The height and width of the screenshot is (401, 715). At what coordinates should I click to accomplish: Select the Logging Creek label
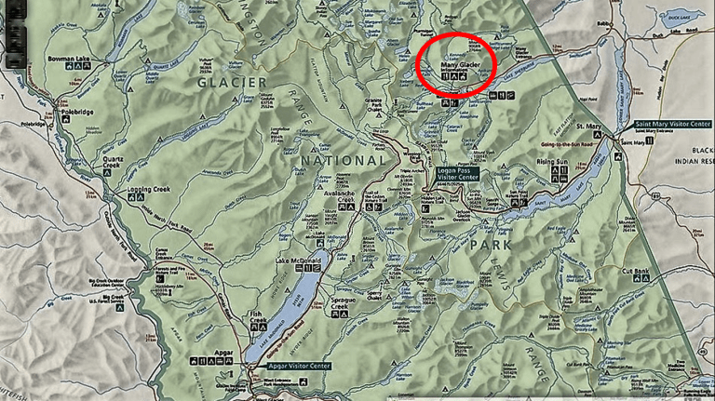(x=147, y=190)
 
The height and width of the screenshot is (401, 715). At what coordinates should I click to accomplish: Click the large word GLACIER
(x=232, y=83)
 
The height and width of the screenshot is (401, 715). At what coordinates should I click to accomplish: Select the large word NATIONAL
(x=342, y=161)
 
